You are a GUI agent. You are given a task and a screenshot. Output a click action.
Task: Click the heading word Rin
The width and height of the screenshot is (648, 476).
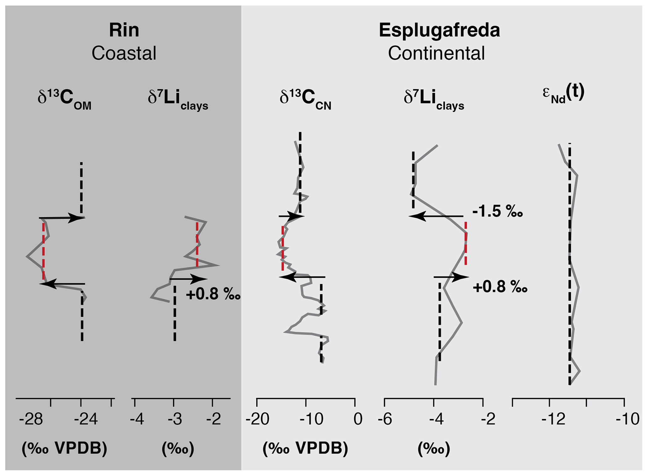tap(124, 30)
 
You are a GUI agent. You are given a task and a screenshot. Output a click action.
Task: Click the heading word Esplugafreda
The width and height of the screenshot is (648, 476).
tap(439, 30)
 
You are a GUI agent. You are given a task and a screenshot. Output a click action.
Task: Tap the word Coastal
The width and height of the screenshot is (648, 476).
tap(124, 53)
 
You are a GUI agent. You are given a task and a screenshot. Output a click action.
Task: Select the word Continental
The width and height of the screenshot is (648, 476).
tap(436, 53)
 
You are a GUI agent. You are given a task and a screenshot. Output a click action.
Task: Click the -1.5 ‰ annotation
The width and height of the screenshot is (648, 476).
tap(498, 212)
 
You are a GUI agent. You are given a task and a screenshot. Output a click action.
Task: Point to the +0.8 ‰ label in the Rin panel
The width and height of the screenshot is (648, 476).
tap(213, 295)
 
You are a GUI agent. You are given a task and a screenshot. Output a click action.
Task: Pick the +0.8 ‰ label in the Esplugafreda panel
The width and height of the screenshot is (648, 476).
tap(500, 287)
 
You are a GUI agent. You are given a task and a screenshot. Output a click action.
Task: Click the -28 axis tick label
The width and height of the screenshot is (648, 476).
tap(31, 419)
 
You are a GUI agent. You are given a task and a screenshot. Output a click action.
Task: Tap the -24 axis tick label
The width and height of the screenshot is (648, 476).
tap(86, 419)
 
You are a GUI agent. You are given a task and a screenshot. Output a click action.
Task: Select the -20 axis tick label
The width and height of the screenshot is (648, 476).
tap(257, 419)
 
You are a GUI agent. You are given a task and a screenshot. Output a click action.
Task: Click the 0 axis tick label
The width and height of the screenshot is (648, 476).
tap(358, 419)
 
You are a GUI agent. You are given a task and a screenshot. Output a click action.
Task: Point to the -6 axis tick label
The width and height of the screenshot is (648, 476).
tap(385, 419)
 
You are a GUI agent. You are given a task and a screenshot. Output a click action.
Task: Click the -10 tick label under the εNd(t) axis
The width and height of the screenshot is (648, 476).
tap(627, 419)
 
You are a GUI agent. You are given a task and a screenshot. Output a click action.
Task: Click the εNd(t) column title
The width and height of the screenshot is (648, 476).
tap(563, 93)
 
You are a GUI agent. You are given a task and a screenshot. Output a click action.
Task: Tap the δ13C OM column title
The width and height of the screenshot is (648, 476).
tap(64, 100)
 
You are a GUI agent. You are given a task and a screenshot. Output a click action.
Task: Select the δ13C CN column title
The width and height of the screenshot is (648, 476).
tap(305, 100)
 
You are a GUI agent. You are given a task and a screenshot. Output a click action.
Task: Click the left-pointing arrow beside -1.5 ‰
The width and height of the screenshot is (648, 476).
tap(436, 216)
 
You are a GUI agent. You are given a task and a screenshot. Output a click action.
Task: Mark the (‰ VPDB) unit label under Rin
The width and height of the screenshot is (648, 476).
tap(64, 448)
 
